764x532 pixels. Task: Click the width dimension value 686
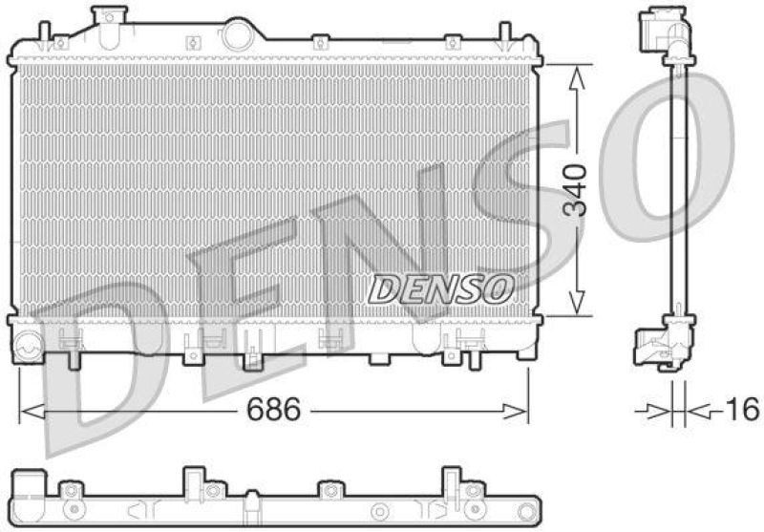point(274,410)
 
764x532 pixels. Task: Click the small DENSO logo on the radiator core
point(441,287)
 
